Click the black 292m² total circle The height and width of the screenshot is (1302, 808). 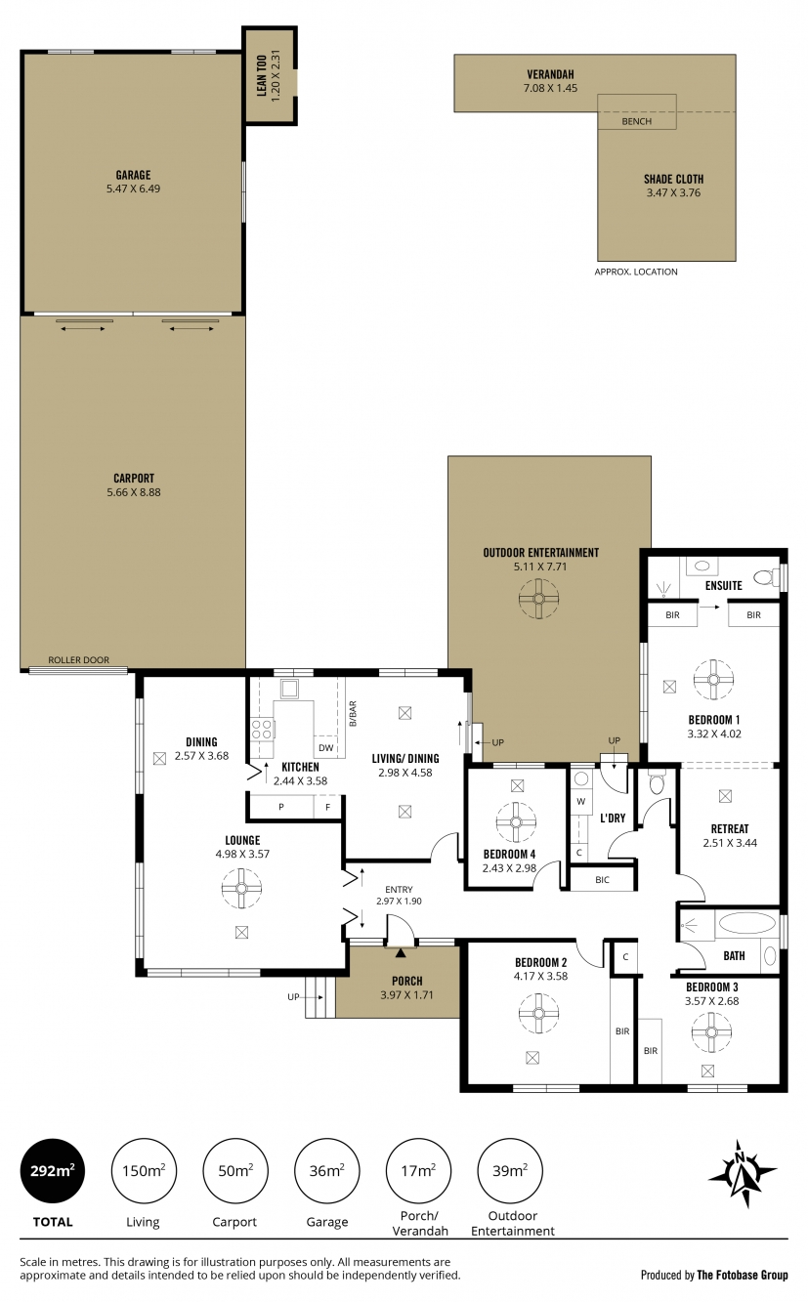coord(53,1170)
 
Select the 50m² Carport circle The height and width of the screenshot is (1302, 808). coord(235,1170)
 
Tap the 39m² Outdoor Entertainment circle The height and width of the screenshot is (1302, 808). coord(510,1170)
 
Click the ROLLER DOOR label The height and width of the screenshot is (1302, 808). coord(78,659)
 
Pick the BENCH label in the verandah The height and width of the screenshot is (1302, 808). coord(636,121)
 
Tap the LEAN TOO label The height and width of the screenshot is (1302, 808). coord(262,75)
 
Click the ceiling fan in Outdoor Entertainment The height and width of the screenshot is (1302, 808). coord(539,599)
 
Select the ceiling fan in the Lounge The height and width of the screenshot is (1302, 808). coord(242,888)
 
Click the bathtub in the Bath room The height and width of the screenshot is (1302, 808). coord(747,923)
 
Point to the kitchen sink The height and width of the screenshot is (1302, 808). coord(289,690)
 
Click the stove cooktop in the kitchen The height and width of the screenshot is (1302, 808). coord(262,729)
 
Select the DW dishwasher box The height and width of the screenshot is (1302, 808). coord(326,747)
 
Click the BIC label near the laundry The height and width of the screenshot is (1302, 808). coord(602,879)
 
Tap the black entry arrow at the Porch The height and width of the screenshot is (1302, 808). coord(401,952)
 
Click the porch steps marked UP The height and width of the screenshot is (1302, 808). coord(320,997)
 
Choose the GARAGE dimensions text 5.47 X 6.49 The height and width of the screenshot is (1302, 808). coord(133,189)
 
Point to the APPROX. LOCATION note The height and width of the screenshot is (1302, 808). coord(636,272)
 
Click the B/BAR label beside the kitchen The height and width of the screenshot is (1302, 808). coord(353,713)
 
